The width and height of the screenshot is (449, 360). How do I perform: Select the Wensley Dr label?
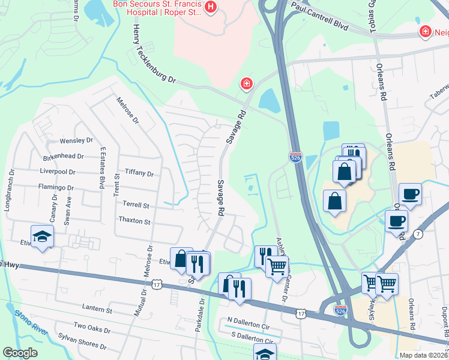click(x=76, y=141)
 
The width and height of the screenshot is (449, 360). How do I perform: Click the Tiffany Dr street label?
click(x=139, y=173)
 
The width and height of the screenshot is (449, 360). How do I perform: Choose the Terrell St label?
click(x=135, y=205)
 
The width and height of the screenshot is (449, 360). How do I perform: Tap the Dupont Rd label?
click(x=445, y=320)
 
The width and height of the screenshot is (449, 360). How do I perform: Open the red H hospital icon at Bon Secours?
click(x=211, y=7)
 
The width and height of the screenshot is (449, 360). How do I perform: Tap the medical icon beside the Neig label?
click(x=425, y=31)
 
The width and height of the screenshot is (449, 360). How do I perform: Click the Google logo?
click(x=20, y=353)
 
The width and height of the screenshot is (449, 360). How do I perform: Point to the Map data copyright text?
click(x=423, y=355)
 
